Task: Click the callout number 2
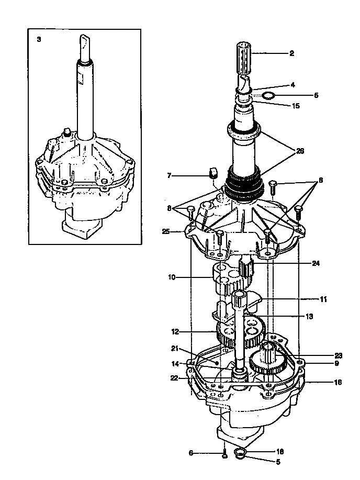[291, 53]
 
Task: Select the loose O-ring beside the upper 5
[268, 96]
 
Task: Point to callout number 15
[296, 105]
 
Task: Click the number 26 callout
[300, 151]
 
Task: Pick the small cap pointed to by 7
[213, 173]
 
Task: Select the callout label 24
[316, 264]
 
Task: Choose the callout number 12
[175, 331]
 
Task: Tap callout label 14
[175, 363]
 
